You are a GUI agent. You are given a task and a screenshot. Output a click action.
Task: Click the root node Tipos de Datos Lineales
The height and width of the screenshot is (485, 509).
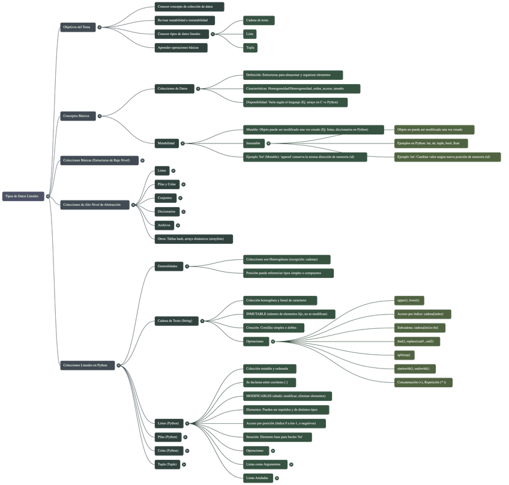22,196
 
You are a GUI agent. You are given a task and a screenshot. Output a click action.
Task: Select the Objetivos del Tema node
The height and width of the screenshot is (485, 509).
77,27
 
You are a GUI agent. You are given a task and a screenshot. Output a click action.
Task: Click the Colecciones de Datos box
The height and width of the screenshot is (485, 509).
173,89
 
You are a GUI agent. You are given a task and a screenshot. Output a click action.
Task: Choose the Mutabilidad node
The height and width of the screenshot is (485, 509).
166,143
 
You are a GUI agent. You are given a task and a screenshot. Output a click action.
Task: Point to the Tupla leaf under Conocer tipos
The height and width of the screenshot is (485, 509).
250,47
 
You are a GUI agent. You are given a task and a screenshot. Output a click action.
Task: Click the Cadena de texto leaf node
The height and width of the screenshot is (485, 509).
258,20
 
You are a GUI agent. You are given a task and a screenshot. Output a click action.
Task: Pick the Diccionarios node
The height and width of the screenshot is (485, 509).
166,212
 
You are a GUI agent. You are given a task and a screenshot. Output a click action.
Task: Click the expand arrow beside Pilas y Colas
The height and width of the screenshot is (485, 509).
184,184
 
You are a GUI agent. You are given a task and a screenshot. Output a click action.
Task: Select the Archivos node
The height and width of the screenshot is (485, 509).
163,225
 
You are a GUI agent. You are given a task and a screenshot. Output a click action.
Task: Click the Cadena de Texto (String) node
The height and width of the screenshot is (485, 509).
175,321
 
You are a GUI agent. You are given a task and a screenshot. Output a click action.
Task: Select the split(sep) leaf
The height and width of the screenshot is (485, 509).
403,355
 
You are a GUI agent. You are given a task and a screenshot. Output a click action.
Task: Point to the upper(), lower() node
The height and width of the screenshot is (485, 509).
408,300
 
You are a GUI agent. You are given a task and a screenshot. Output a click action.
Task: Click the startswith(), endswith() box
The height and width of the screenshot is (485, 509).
414,369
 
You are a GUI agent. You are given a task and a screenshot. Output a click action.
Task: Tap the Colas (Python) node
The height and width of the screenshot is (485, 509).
168,450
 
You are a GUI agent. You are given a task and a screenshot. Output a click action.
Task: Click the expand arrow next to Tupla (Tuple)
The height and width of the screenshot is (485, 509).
184,464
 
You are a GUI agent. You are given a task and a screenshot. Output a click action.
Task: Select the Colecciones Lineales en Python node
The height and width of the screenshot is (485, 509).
86,365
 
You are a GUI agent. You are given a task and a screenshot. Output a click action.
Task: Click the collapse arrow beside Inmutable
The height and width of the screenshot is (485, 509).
268,143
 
